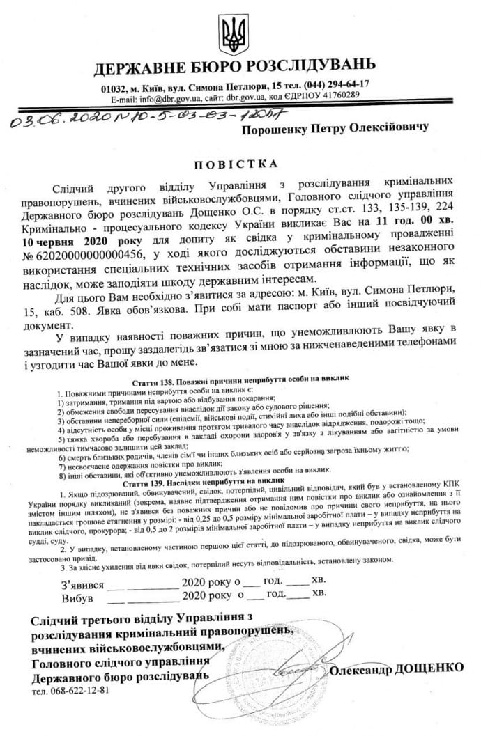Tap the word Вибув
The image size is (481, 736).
coord(78,597)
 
